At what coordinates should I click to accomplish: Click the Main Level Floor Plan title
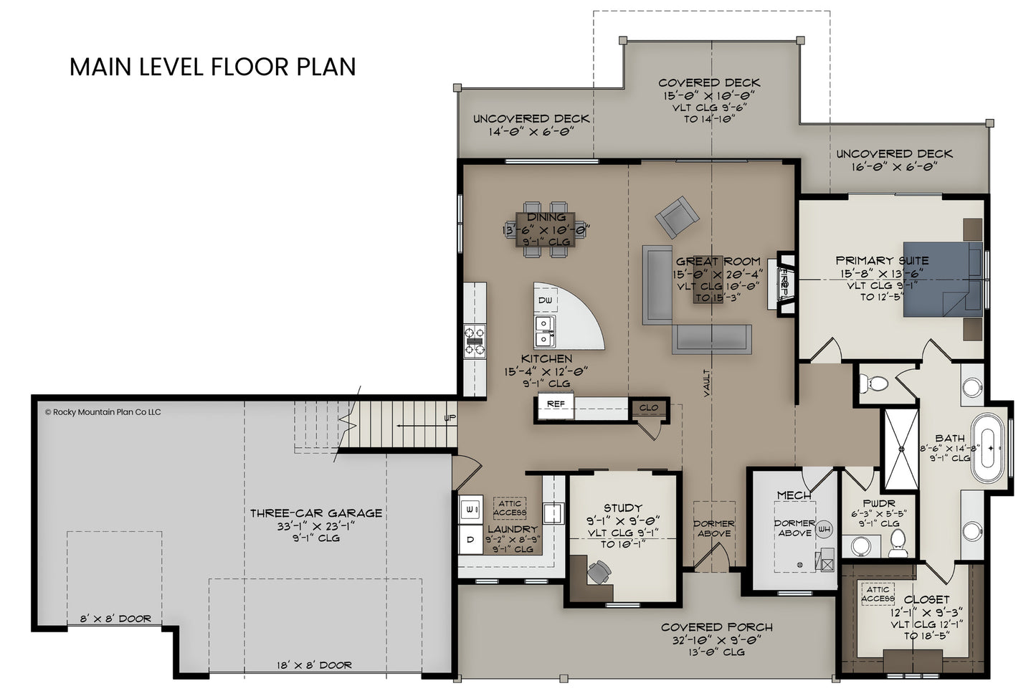[x=212, y=67]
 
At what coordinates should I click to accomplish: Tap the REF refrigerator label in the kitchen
[x=556, y=404]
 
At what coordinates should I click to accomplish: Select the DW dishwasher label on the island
[x=545, y=300]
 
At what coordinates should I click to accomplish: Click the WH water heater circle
[x=824, y=529]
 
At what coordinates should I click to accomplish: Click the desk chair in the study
[x=599, y=571]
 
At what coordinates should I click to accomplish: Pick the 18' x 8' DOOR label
[x=315, y=665]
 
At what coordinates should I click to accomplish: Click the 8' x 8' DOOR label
[x=115, y=619]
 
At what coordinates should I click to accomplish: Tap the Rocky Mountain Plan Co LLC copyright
[x=103, y=412]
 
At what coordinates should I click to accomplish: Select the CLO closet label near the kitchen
[x=648, y=408]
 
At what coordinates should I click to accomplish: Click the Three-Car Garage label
[x=315, y=513]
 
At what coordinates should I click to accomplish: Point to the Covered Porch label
[x=716, y=627]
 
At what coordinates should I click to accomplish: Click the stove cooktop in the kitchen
[x=474, y=341]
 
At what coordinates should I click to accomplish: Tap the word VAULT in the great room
[x=707, y=383]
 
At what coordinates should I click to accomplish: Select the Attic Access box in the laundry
[x=509, y=508]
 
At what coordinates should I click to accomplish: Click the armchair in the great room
[x=676, y=216]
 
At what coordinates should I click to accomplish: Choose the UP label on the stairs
[x=450, y=417]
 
